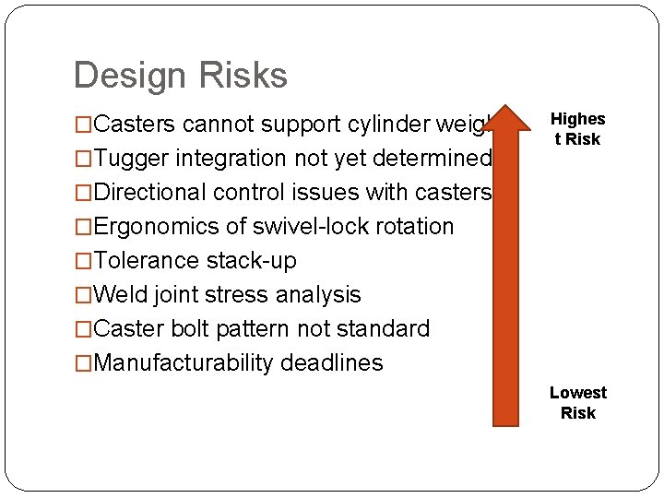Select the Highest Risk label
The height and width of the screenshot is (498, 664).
pyautogui.click(x=577, y=129)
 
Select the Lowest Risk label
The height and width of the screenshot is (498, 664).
pyautogui.click(x=577, y=403)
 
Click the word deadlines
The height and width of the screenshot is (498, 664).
pyautogui.click(x=331, y=363)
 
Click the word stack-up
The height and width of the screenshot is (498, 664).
pyautogui.click(x=252, y=261)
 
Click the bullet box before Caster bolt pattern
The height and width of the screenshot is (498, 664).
pyautogui.click(x=84, y=330)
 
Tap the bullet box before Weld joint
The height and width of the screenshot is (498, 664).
pyautogui.click(x=84, y=296)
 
